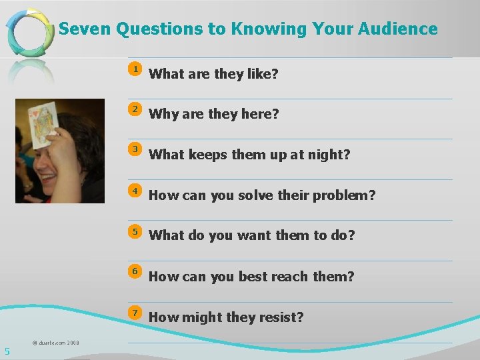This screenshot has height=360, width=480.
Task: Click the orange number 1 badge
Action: point(135,69)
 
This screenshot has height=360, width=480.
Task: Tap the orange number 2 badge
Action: point(135,109)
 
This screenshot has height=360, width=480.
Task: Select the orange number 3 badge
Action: point(135,149)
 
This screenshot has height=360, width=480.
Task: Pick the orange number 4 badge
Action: point(135,191)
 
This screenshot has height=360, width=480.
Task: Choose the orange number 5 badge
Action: point(135,231)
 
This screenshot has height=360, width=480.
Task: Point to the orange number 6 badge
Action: point(135,271)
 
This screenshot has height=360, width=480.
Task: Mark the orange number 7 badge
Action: point(135,313)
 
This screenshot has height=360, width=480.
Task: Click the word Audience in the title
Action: point(397,29)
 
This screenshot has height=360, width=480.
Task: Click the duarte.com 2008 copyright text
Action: point(55,343)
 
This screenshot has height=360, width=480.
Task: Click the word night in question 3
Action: point(327,155)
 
